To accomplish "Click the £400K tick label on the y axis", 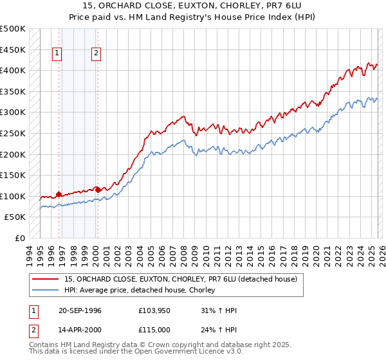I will click(13, 70).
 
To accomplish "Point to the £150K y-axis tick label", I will click(13, 175).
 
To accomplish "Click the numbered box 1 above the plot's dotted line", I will click(58, 54).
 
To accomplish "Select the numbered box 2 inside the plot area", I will click(96, 54).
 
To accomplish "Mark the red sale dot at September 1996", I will click(59, 194).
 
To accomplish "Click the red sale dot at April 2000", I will click(98, 190).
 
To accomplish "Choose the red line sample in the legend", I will click(46, 280).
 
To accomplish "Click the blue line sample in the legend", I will click(46, 291).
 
